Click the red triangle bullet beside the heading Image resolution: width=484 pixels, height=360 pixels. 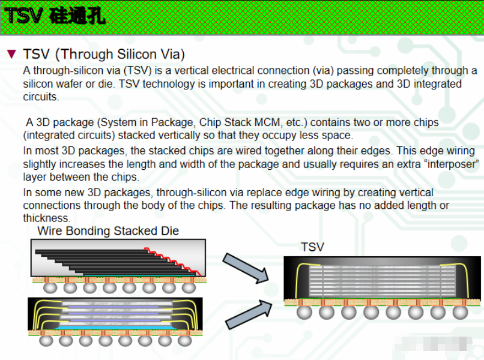pos(11,55)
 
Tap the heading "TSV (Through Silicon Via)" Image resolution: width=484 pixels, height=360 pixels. pos(104,55)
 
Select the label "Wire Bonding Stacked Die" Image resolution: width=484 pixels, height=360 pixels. pos(108,231)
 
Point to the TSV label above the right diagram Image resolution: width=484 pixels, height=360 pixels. pos(312,247)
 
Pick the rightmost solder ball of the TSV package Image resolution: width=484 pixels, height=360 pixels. pos(459,312)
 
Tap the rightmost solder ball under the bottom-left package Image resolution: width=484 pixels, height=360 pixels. pos(183,340)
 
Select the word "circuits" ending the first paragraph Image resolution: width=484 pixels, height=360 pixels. pos(41,97)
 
